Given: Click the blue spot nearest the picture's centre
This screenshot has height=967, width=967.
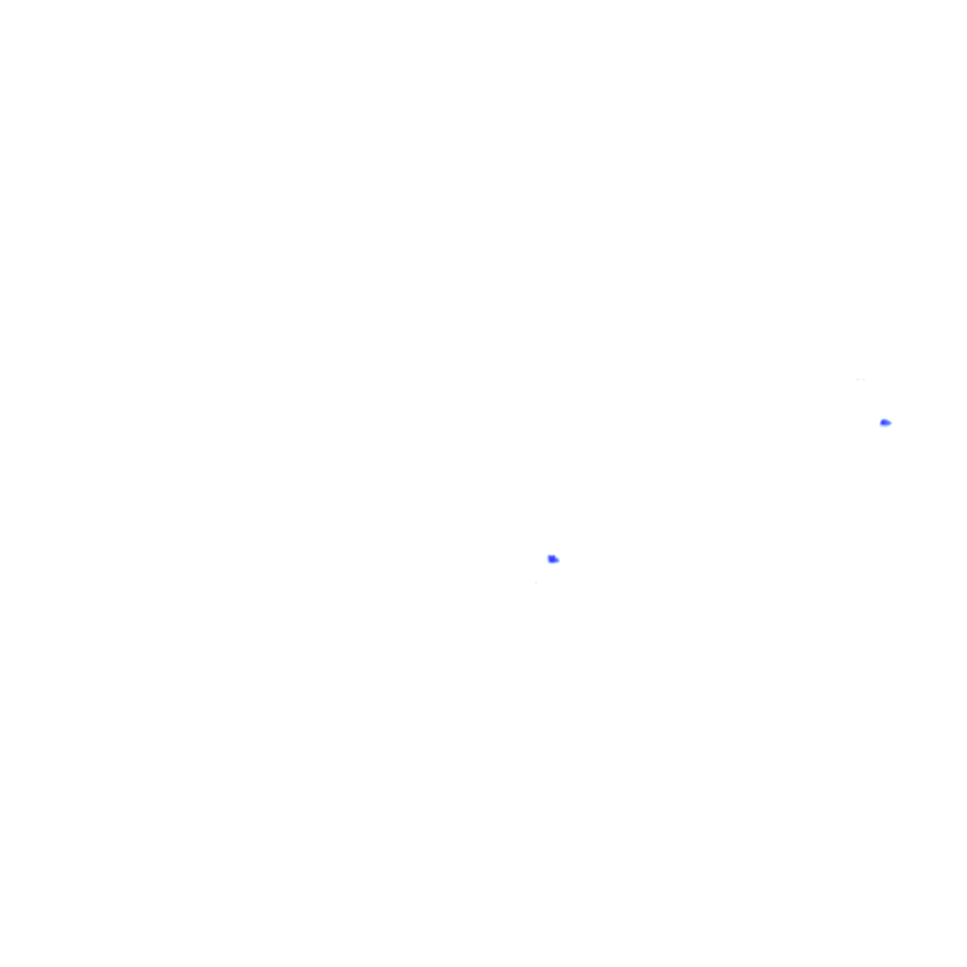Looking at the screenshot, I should click(x=552, y=559).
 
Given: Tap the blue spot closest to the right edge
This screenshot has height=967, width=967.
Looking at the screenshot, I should click(x=885, y=422).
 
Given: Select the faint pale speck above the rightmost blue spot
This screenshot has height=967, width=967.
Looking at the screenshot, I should click(x=859, y=380).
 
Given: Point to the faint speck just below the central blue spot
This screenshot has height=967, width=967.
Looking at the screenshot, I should click(x=535, y=582).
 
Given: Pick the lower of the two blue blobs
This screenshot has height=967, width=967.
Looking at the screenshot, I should click(x=552, y=559).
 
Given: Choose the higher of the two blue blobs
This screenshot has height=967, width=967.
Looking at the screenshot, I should click(x=885, y=422).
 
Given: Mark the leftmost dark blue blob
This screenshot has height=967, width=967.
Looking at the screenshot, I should click(x=552, y=559).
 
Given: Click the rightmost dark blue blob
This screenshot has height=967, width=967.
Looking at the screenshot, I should click(x=885, y=422).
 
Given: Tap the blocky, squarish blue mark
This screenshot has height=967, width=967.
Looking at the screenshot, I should click(x=552, y=559).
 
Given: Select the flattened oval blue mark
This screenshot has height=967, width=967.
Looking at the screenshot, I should click(x=885, y=422).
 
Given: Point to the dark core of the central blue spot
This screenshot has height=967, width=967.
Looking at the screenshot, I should click(x=551, y=559).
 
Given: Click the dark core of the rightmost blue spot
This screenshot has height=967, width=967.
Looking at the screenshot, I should click(x=884, y=422).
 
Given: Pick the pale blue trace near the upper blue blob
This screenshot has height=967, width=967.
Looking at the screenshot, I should click(x=859, y=380).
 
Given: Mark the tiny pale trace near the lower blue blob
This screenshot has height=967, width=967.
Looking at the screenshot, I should click(x=535, y=582).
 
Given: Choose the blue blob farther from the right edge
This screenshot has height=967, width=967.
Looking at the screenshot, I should click(x=552, y=559).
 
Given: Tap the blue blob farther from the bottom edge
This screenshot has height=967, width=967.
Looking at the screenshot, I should click(x=885, y=422).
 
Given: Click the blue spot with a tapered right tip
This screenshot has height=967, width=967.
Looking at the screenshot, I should click(x=885, y=422).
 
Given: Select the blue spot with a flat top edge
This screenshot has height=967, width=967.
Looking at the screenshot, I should click(x=552, y=559).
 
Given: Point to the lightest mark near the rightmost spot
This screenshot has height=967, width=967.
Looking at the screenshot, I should click(x=859, y=380).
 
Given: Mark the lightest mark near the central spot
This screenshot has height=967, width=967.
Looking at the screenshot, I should click(x=535, y=582).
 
